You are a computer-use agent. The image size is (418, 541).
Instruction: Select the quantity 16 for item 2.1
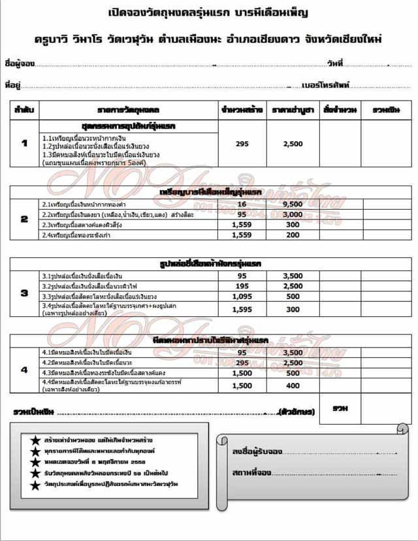(241, 205)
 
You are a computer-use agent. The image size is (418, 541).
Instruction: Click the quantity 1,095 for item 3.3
(241, 296)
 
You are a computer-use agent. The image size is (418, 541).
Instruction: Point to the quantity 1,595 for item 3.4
(241, 309)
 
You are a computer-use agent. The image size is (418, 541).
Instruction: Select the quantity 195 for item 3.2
(241, 286)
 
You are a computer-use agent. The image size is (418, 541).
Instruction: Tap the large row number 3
(25, 293)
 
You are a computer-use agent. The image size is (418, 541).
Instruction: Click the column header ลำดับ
(25, 109)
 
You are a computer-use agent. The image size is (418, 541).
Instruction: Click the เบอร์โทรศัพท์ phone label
(326, 85)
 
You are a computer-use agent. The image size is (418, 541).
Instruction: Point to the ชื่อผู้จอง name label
(18, 63)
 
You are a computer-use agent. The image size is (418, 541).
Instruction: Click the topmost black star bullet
(35, 438)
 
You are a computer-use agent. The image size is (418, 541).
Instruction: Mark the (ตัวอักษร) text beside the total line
(297, 412)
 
